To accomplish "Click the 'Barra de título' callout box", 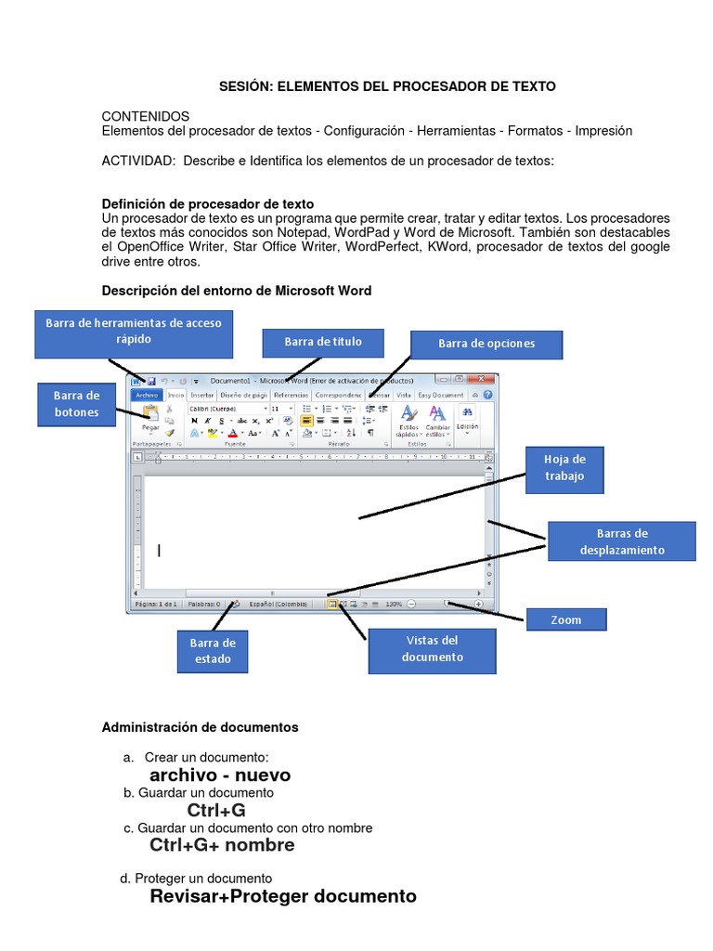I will [323, 342].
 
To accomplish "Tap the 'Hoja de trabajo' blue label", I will [565, 468].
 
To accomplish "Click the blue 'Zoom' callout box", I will [566, 619].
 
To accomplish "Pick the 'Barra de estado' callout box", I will [213, 651].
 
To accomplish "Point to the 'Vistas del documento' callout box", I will [432, 649].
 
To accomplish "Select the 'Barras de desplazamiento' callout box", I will [621, 541].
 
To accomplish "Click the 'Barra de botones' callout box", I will [75, 404].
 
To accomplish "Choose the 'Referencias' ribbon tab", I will [291, 395].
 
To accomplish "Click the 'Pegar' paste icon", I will [149, 417].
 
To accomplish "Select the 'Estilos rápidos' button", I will [408, 422].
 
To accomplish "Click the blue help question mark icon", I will [488, 395].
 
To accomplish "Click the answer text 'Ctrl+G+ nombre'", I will [222, 845].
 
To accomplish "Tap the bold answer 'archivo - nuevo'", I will [220, 775].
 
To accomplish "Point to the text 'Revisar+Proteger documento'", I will [283, 896].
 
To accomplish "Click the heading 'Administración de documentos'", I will [200, 727].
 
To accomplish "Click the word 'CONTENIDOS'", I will [145, 116].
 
